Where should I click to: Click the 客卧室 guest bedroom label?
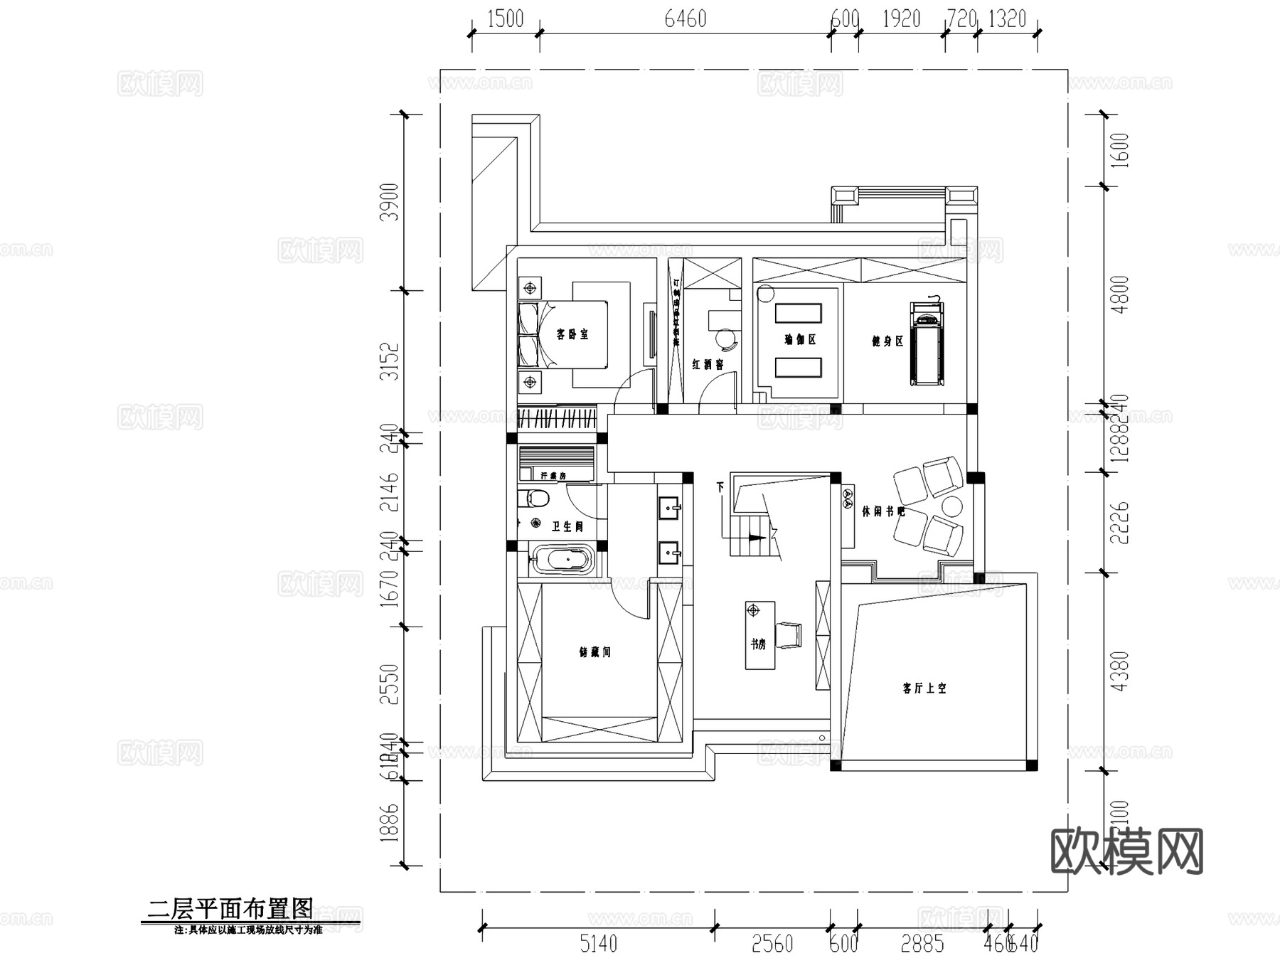pyautogui.click(x=572, y=334)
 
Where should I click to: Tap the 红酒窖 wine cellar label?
pyautogui.click(x=708, y=364)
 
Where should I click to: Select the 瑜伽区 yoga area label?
pyautogui.click(x=800, y=340)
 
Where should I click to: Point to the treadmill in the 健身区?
pyautogui.click(x=927, y=344)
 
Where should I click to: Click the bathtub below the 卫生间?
pyautogui.click(x=562, y=560)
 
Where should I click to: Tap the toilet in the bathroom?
pyautogui.click(x=535, y=498)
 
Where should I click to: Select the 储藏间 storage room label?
pyautogui.click(x=595, y=651)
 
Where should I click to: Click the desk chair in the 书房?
pyautogui.click(x=788, y=635)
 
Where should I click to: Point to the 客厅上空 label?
pyautogui.click(x=924, y=688)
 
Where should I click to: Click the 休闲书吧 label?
pyautogui.click(x=883, y=511)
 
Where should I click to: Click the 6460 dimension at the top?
pyautogui.click(x=686, y=19)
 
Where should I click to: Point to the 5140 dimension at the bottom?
pyautogui.click(x=598, y=944)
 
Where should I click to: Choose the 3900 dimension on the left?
pyautogui.click(x=390, y=202)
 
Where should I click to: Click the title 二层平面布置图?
pyautogui.click(x=230, y=908)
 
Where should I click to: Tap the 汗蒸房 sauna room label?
pyautogui.click(x=553, y=475)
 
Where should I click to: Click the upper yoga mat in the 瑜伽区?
pyautogui.click(x=798, y=313)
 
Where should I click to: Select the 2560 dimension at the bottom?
pyautogui.click(x=772, y=944)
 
